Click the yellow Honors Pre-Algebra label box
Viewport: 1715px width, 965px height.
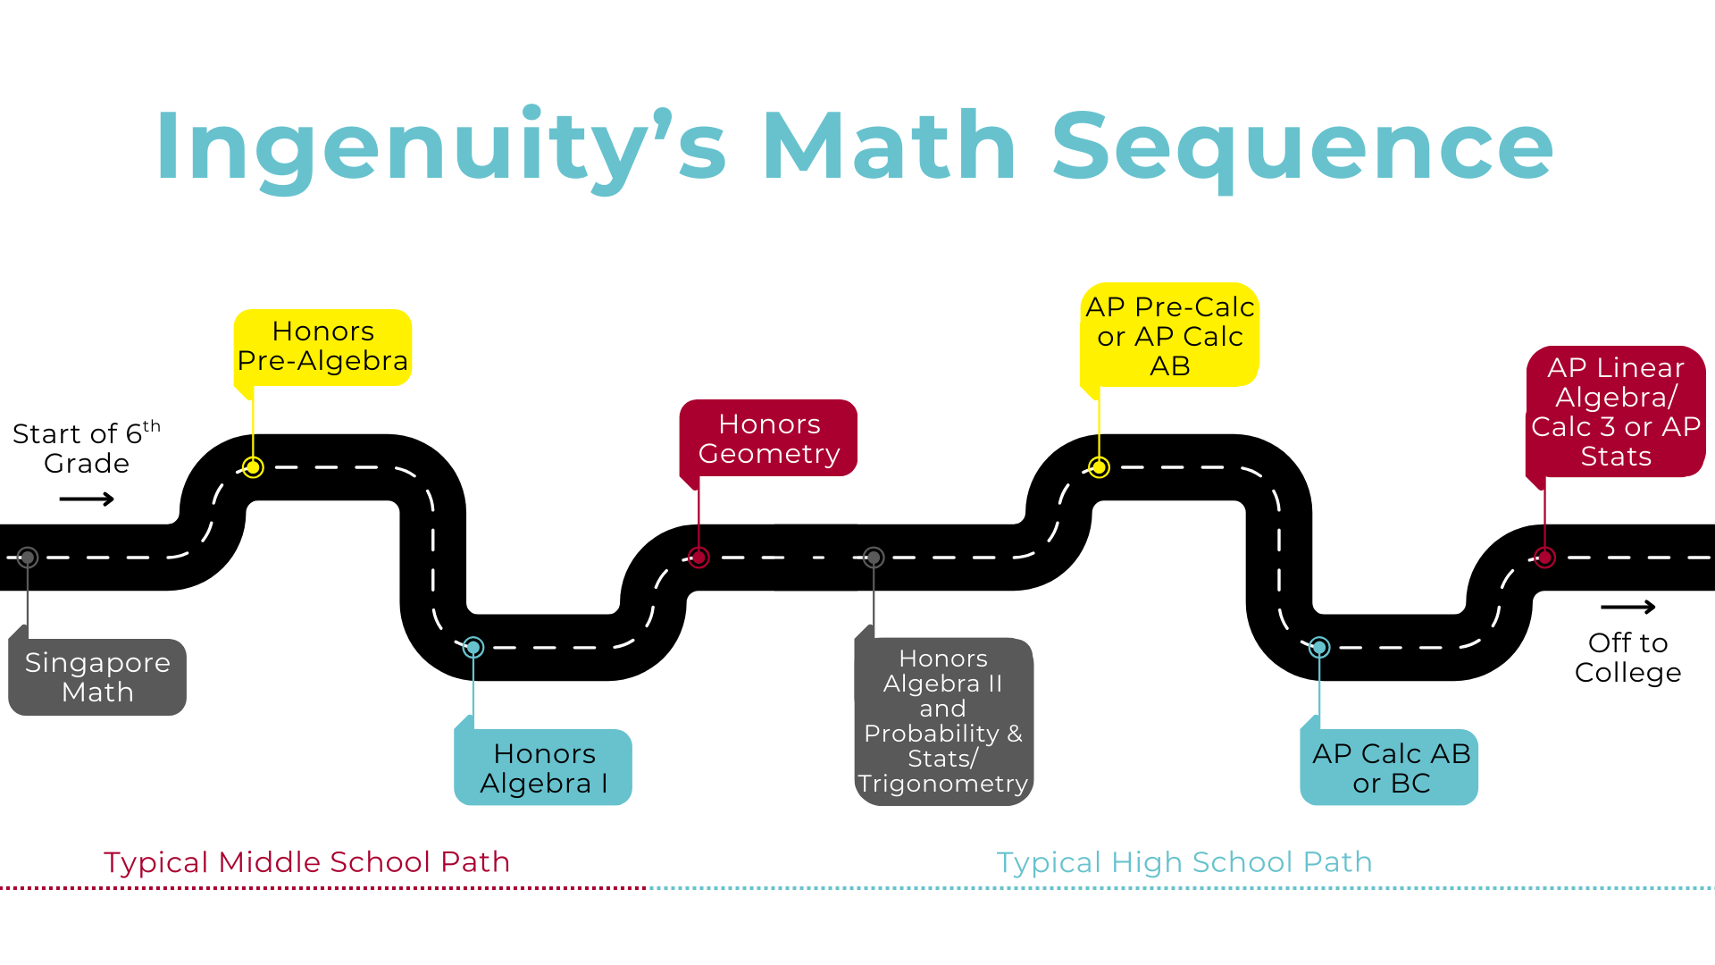(322, 347)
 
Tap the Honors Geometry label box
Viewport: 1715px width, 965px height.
(769, 438)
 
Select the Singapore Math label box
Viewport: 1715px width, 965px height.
(97, 676)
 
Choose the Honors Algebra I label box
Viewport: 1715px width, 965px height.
(543, 768)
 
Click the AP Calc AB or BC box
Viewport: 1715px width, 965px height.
(1390, 768)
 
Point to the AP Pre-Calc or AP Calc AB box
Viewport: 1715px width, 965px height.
(1169, 336)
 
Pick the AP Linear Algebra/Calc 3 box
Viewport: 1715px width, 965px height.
(1616, 412)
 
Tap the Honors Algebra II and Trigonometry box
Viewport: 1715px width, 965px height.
(943, 721)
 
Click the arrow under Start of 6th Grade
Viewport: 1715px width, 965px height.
(87, 499)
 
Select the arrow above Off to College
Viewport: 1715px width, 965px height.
(1627, 608)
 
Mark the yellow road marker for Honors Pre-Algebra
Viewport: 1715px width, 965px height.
(253, 467)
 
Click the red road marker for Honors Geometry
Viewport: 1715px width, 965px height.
(699, 558)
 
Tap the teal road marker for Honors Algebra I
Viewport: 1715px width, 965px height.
(473, 647)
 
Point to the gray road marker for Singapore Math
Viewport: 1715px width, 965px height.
(28, 558)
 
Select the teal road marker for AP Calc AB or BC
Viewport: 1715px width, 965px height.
(1319, 647)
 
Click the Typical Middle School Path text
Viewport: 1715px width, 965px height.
(306, 862)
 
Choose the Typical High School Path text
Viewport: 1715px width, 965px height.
(1184, 862)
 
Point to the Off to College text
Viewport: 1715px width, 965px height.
(1627, 658)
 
